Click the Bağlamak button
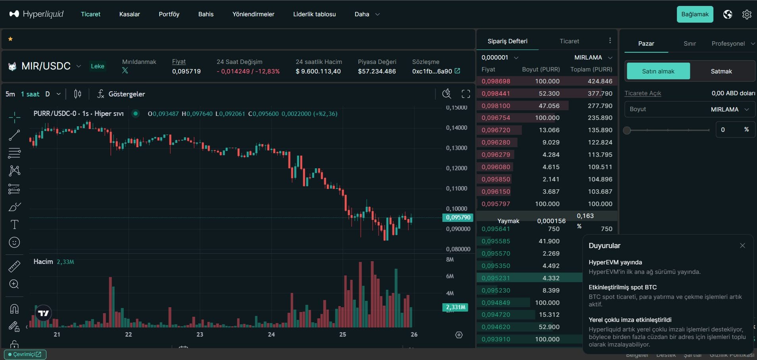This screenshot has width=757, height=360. [x=695, y=14]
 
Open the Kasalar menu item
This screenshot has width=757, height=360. [x=129, y=14]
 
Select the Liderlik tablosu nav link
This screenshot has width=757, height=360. [x=314, y=14]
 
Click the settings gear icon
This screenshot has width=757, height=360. [x=747, y=14]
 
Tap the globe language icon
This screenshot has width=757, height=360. [x=727, y=14]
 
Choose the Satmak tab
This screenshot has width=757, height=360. [x=721, y=71]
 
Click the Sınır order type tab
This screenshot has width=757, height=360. [x=690, y=44]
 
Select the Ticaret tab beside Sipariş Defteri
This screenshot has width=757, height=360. [x=569, y=41]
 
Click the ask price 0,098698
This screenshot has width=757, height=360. [x=496, y=81]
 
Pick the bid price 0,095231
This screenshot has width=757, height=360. [x=496, y=278]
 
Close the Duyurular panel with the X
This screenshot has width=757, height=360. [x=742, y=246]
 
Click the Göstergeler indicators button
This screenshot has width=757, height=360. [x=121, y=94]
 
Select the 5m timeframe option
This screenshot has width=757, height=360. [x=10, y=94]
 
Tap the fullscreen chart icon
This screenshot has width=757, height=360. [x=466, y=94]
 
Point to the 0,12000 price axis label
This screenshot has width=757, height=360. [x=456, y=168]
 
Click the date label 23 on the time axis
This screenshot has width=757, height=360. [x=200, y=335]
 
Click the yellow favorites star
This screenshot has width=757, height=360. [x=11, y=39]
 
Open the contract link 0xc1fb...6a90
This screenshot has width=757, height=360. [x=436, y=71]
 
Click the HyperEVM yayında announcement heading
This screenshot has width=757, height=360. [x=615, y=262]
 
